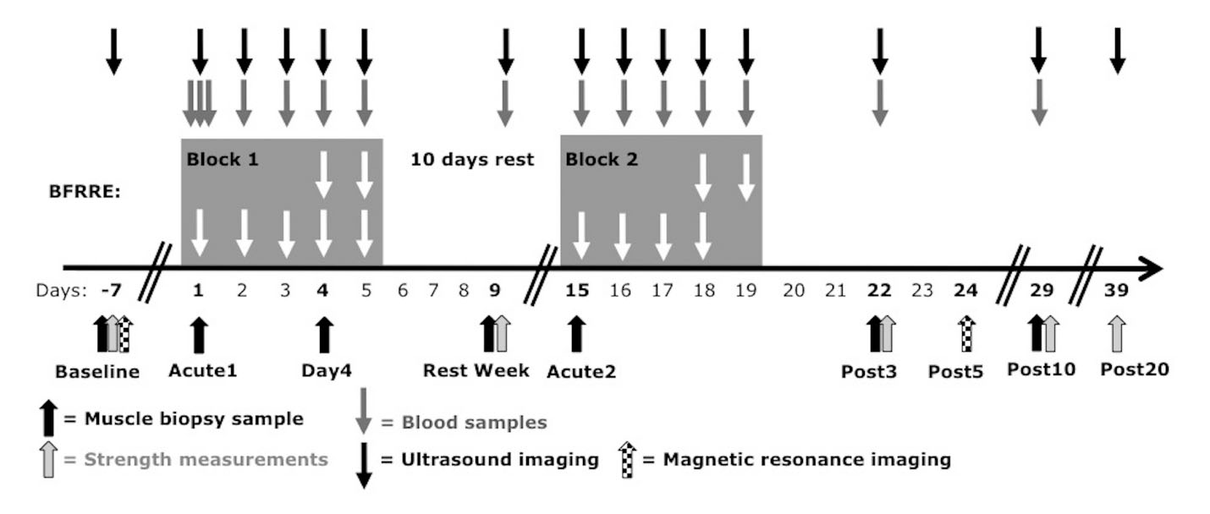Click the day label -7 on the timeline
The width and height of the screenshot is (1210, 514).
coord(112,291)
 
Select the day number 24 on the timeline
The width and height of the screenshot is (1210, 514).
coord(965,291)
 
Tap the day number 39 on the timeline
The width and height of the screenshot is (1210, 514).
coord(1116,291)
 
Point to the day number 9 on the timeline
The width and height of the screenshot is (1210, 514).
coord(495,291)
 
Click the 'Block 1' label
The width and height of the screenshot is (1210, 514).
coord(223,159)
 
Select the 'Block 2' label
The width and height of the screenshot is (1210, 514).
coord(602,159)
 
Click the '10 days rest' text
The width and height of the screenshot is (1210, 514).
coord(472,159)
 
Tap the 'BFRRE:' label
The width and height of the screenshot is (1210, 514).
coord(85,192)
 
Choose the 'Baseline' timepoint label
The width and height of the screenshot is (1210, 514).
coord(97,371)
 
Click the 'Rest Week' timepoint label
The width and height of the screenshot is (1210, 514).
coord(476,370)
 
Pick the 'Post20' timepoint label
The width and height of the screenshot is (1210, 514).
coord(1135,369)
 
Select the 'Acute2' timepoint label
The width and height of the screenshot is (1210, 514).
coord(581,371)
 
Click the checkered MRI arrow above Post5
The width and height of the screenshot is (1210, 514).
coord(966,334)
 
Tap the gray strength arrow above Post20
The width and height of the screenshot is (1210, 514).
coord(1117,334)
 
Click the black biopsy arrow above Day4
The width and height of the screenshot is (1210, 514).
coord(324,335)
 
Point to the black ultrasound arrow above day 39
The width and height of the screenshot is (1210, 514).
coord(1117,52)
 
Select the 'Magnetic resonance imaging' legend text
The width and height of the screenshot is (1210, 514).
coord(807,459)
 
